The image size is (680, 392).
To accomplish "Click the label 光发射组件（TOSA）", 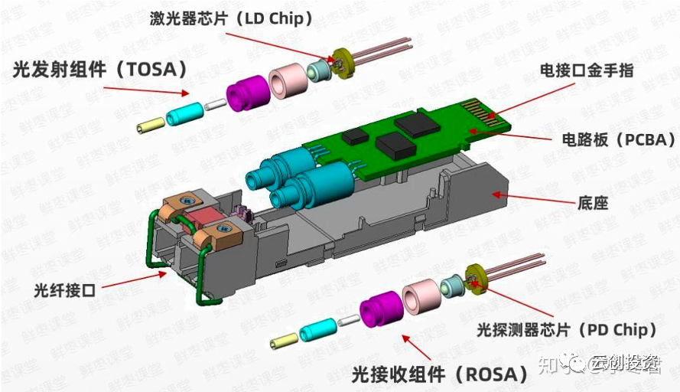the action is coord(100,70).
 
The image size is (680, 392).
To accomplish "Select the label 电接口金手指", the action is coord(587,70).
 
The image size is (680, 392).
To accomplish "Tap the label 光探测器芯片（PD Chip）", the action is coord(567,330).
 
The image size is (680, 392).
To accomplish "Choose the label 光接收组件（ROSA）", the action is coord(440,374).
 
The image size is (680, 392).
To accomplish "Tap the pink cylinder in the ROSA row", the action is coord(418,299).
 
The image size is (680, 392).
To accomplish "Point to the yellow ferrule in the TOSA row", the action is coord(150,124).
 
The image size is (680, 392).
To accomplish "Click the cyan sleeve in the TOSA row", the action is coord(187,113).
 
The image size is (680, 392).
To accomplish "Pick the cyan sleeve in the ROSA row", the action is coord(318,330).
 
